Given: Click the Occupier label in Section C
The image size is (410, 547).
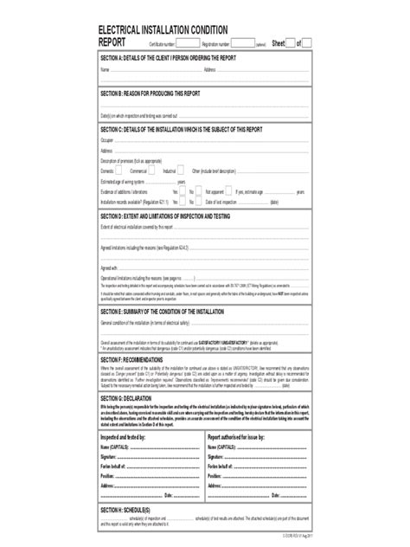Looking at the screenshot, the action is click(x=107, y=138).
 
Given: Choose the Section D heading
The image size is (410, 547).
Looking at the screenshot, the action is click(x=163, y=215).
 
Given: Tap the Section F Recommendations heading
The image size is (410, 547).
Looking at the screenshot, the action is click(x=139, y=357).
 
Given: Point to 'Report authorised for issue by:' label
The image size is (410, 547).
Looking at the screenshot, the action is click(x=238, y=440).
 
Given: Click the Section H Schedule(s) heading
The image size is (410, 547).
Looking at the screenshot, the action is click(x=126, y=512).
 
